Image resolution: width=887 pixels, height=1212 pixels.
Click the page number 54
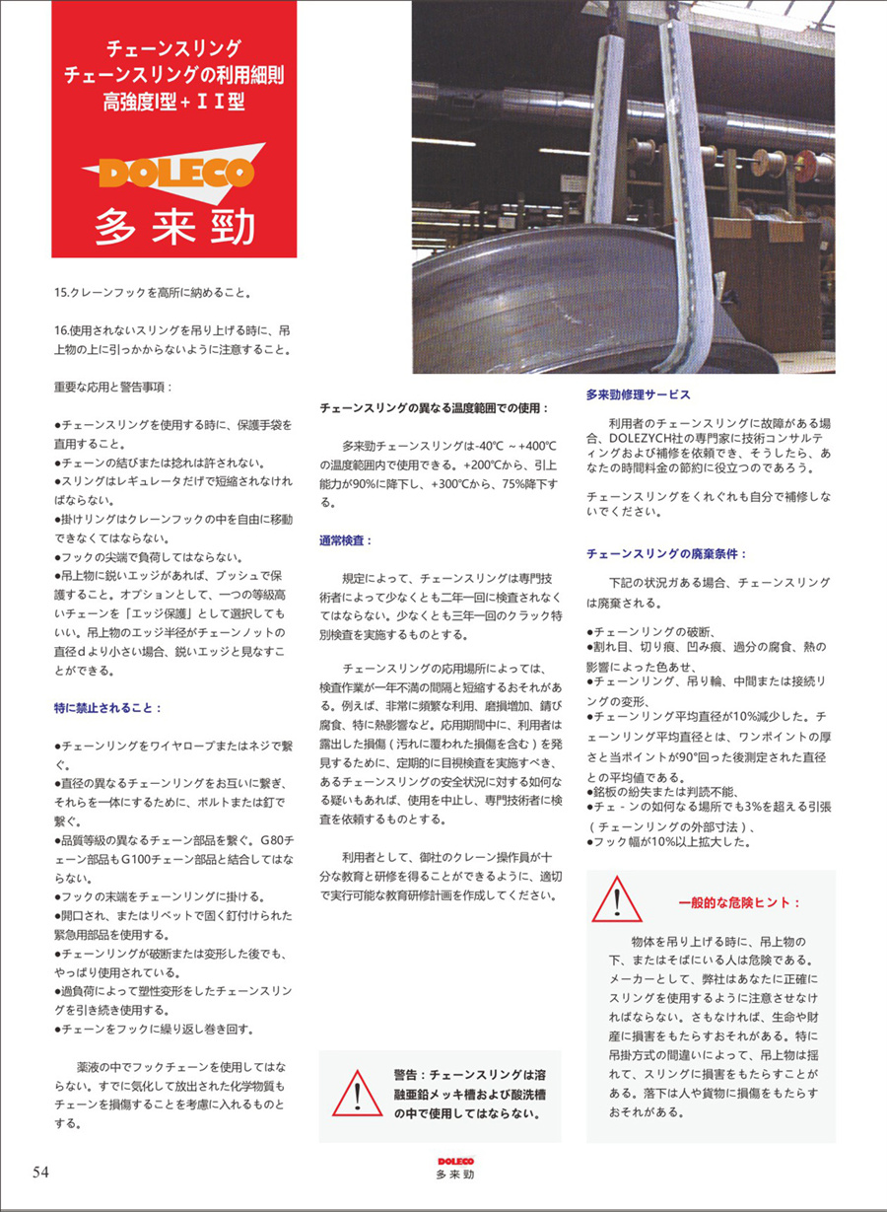[40, 1172]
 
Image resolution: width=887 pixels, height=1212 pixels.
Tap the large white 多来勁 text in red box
[174, 226]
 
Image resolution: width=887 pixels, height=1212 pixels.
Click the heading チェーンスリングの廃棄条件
[666, 554]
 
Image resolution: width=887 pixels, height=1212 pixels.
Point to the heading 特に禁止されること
[108, 707]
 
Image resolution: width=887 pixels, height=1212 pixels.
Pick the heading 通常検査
[344, 541]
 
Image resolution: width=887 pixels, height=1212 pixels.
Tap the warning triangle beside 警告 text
[357, 1093]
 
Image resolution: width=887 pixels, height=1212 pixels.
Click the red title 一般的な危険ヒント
[739, 902]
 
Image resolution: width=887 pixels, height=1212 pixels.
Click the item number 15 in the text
[61, 292]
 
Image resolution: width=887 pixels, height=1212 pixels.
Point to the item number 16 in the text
[61, 328]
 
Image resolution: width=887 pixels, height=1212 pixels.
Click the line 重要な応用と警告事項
[113, 386]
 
